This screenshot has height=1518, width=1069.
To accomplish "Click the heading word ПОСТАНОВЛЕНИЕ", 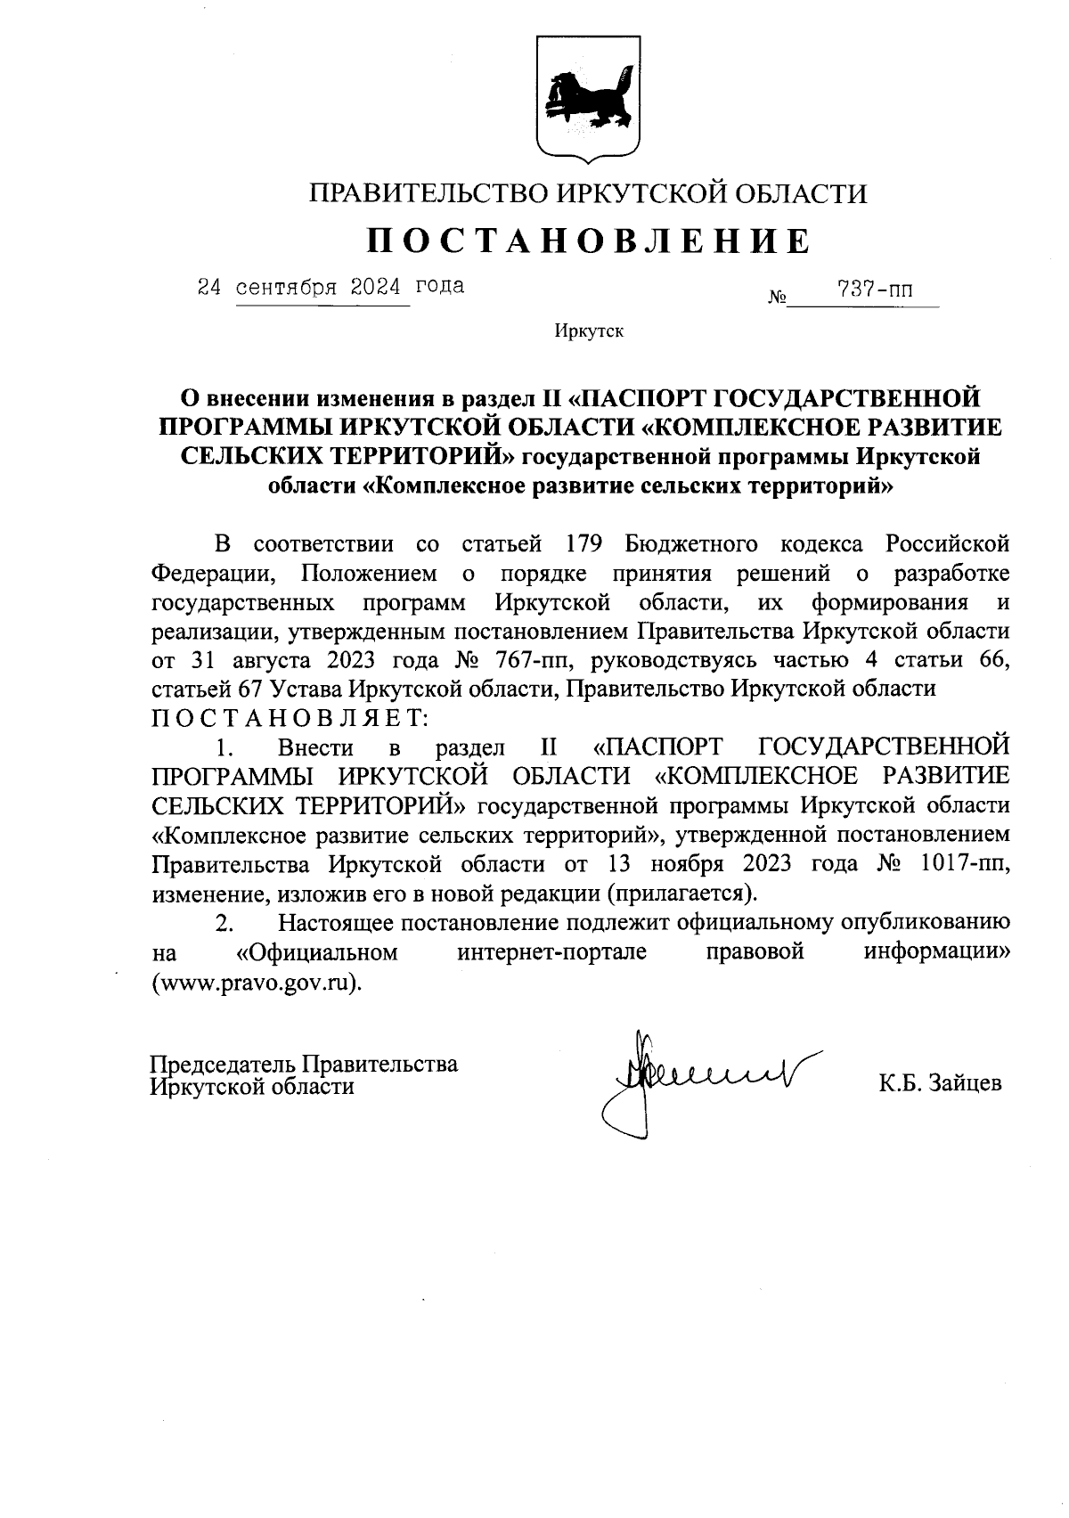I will [x=589, y=241].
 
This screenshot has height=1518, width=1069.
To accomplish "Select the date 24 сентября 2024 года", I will [x=330, y=287].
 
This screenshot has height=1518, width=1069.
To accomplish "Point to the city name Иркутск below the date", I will [x=588, y=332].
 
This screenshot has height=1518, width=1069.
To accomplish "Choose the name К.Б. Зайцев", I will [x=940, y=1083].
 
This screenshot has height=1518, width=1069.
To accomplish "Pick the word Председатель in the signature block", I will [x=223, y=1064].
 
